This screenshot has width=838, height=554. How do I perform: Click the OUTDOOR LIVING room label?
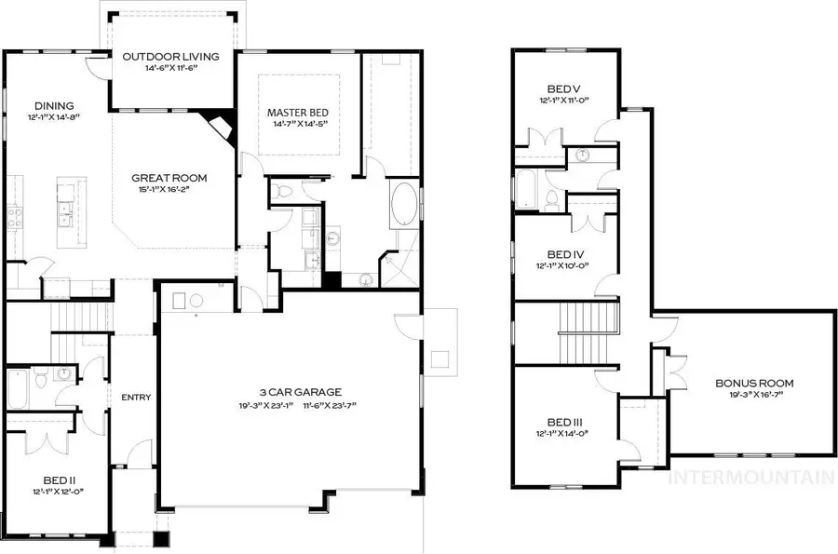point(171,57)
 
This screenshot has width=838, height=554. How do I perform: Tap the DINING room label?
point(54,106)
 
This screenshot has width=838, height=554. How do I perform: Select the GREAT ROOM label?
point(169,178)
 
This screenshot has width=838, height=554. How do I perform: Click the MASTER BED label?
point(298,113)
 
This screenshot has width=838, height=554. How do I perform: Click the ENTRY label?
point(136,398)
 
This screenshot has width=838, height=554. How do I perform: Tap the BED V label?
point(565,89)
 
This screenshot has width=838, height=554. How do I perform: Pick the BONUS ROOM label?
point(755,383)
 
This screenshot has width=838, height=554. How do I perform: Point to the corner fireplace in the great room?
point(220,124)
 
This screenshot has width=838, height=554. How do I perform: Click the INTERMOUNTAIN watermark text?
point(752,479)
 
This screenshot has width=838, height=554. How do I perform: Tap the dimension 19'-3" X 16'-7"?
point(755,395)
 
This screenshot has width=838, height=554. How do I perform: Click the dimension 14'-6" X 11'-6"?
point(171,68)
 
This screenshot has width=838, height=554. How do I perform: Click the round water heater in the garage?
point(196,300)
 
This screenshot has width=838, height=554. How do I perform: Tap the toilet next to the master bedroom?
point(286,192)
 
